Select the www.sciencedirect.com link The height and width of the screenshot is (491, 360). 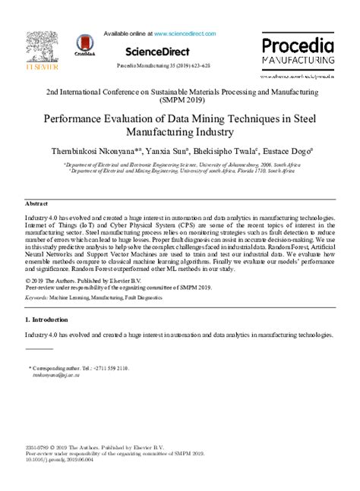pyautogui.click(x=185, y=33)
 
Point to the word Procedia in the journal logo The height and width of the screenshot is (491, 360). pyautogui.click(x=297, y=44)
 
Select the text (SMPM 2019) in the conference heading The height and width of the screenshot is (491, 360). pyautogui.click(x=180, y=99)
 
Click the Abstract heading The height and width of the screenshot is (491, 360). pyautogui.click(x=37, y=204)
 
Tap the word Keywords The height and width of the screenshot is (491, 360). pyautogui.click(x=38, y=298)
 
